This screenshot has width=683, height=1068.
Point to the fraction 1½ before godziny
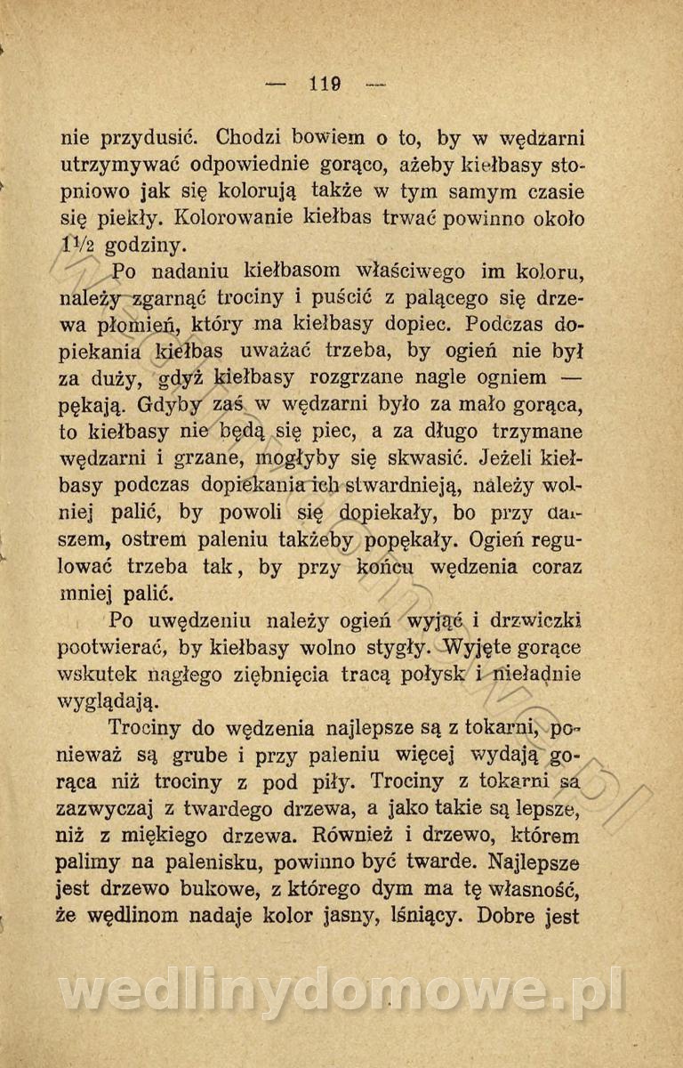[x=78, y=243]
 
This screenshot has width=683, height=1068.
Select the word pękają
[x=95, y=408]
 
